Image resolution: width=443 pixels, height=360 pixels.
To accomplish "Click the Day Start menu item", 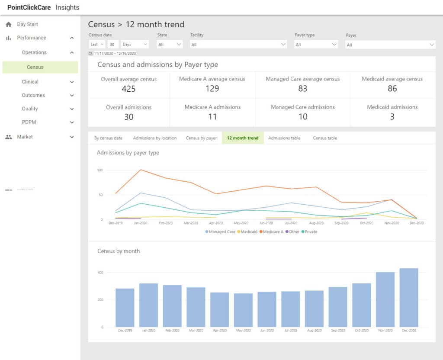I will [x=27, y=24].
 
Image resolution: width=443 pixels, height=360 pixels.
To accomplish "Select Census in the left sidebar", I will [x=35, y=67].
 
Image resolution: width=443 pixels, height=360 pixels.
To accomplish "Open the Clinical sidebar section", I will [x=30, y=81].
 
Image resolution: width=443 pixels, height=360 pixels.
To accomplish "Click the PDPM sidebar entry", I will [x=29, y=122].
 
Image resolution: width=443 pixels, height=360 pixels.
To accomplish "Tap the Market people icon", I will [x=8, y=137].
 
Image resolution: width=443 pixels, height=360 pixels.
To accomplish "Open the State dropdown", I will [x=170, y=44].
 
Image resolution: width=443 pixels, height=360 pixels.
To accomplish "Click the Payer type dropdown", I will [x=316, y=44].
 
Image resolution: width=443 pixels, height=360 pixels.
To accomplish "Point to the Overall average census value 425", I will [x=128, y=89].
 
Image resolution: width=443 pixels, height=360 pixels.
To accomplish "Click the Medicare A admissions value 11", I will [x=212, y=117].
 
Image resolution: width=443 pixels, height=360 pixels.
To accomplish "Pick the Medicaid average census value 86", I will [x=392, y=89].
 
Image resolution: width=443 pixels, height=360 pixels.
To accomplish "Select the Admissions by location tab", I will [x=154, y=138].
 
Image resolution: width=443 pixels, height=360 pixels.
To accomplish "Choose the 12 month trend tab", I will [x=242, y=138].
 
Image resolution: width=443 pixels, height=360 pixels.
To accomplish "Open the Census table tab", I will [x=325, y=138].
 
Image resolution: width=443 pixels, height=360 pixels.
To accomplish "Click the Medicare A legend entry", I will [x=272, y=231].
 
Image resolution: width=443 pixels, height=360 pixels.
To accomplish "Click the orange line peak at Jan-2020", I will [x=139, y=170].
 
